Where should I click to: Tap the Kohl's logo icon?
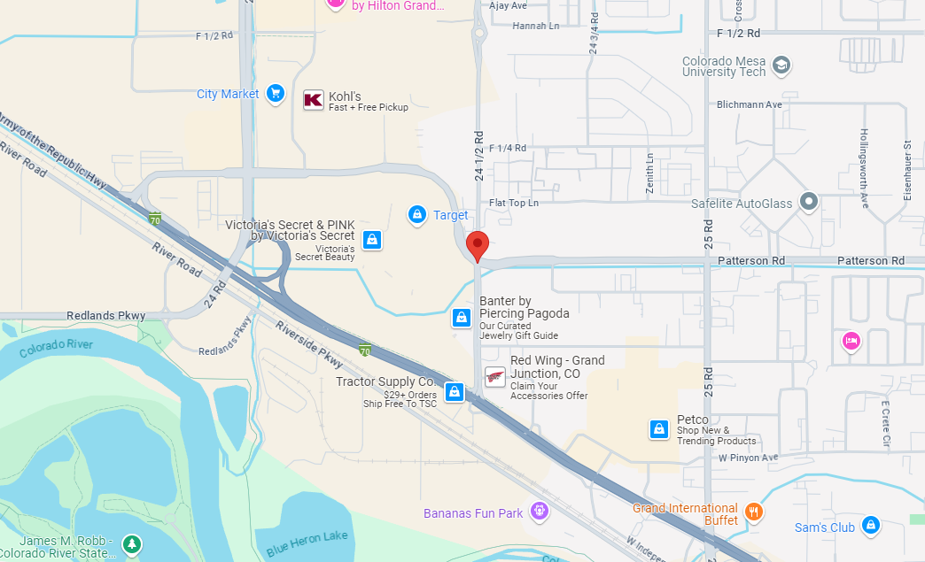point(314,100)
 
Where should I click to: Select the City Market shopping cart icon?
point(275,93)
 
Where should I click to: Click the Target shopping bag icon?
point(416,214)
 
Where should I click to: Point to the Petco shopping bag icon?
point(658,429)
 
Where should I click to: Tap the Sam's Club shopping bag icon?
point(870,526)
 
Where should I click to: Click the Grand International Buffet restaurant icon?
point(753,511)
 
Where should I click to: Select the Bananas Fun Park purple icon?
point(539,511)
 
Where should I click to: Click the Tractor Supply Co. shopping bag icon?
point(455,391)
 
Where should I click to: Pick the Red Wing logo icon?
point(495,377)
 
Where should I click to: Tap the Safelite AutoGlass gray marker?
point(807,203)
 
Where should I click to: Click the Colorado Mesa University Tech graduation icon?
point(781,65)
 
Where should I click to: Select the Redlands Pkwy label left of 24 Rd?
point(105,316)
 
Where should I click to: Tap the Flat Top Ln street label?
point(514,203)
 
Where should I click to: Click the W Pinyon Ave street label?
point(748,458)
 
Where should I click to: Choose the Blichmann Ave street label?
point(750,104)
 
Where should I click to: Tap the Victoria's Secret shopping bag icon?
point(372,239)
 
